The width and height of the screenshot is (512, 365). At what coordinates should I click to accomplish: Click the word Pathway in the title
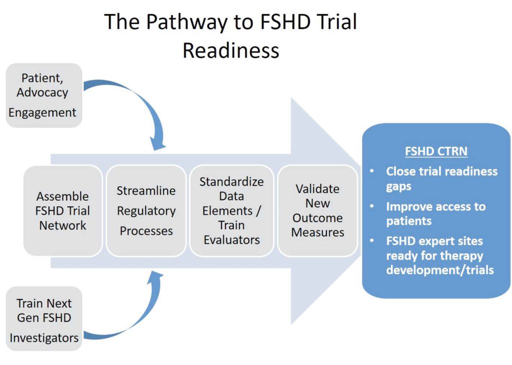[x=186, y=22]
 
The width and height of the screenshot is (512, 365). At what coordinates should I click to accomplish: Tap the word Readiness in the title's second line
[x=231, y=50]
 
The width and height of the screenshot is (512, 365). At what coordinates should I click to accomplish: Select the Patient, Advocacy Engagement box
[x=44, y=95]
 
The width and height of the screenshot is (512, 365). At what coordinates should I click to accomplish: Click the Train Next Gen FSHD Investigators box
[x=44, y=319]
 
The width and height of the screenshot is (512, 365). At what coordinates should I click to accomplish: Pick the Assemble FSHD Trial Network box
[x=62, y=211]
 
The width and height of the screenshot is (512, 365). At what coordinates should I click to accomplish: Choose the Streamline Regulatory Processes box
[x=146, y=211]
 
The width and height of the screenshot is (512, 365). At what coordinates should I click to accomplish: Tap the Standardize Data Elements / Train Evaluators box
[x=231, y=211]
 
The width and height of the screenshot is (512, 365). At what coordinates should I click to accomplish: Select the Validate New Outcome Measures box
[x=317, y=211]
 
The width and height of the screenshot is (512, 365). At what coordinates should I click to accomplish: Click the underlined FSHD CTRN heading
[x=436, y=151]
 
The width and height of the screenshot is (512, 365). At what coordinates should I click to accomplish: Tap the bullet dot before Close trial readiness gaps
[x=372, y=171]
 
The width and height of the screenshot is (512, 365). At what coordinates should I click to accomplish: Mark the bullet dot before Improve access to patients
[x=372, y=206]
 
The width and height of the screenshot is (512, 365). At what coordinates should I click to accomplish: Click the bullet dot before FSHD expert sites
[x=372, y=241]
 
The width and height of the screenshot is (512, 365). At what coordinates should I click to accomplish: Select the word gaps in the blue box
[x=398, y=187]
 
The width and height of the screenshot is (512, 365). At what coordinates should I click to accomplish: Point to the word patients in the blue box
[x=409, y=221]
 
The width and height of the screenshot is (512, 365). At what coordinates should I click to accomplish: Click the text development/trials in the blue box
[x=440, y=270]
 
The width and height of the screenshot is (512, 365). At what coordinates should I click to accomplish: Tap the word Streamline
[x=146, y=191]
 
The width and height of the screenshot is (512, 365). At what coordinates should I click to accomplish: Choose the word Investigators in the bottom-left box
[x=44, y=338]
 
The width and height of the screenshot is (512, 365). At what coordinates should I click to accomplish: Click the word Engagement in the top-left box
[x=42, y=113]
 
